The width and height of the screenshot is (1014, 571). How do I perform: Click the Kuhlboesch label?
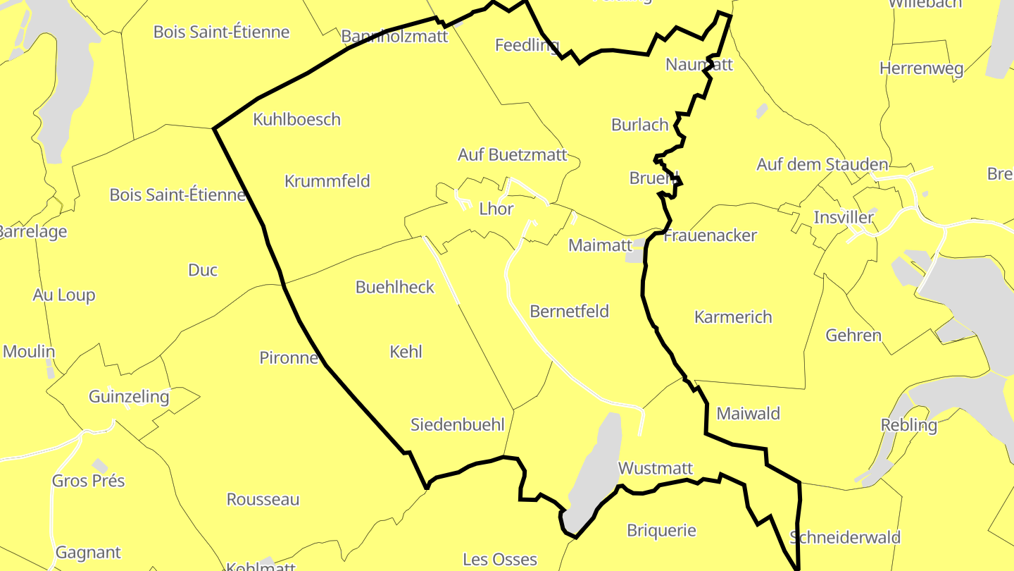(x=296, y=120)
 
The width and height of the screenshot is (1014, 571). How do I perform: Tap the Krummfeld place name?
(x=327, y=181)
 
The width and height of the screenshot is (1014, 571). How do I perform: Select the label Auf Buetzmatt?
(x=512, y=154)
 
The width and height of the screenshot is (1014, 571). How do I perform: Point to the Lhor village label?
(x=496, y=209)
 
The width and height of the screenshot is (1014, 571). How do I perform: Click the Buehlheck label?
(x=395, y=287)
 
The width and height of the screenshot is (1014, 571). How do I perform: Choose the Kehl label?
(x=406, y=351)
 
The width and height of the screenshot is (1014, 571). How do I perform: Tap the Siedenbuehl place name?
(x=458, y=424)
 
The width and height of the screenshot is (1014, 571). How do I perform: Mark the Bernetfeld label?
(x=569, y=311)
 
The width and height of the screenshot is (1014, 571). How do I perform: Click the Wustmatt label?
(x=655, y=468)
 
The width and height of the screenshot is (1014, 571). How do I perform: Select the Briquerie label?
(x=661, y=530)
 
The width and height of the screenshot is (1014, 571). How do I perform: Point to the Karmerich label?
(x=733, y=317)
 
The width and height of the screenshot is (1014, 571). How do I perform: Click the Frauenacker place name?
(x=710, y=235)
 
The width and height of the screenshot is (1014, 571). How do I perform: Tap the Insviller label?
(x=843, y=217)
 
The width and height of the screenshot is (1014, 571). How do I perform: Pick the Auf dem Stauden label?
(x=822, y=164)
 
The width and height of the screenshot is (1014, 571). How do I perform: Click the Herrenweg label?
(x=921, y=68)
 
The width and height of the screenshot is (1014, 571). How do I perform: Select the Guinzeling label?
(x=129, y=396)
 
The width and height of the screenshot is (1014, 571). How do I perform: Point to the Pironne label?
(x=289, y=357)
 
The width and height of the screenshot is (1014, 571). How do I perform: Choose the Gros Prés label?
(x=88, y=481)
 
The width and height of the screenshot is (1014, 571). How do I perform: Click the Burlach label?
(x=639, y=125)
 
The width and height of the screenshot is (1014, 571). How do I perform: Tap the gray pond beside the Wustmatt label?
(x=595, y=472)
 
